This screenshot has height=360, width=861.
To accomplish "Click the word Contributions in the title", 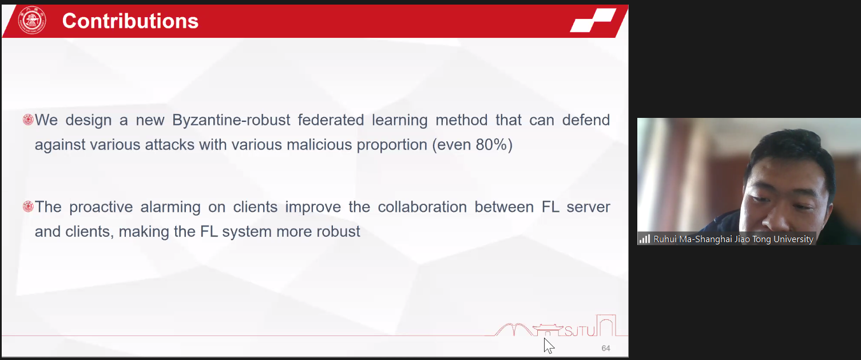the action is [x=130, y=21].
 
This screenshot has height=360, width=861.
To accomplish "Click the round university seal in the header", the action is [x=32, y=21].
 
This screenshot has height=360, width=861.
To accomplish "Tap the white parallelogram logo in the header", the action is [x=593, y=21].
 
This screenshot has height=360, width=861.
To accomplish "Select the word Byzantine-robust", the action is [x=231, y=120].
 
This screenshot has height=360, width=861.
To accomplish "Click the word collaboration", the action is [x=422, y=207].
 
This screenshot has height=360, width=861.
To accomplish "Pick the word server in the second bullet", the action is [x=589, y=207].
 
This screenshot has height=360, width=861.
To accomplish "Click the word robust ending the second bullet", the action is [x=338, y=232].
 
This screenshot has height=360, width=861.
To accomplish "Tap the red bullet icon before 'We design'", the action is [x=28, y=120].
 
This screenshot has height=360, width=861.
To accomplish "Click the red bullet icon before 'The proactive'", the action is [x=28, y=207].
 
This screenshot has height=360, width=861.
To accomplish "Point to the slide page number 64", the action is [x=606, y=348].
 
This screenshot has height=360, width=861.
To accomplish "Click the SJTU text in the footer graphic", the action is [x=580, y=331].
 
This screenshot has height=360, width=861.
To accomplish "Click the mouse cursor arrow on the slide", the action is [x=549, y=345].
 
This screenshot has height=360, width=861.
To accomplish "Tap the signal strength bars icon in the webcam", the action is [x=645, y=239].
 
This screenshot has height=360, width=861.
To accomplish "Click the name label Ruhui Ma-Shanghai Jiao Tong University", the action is [x=733, y=239].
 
